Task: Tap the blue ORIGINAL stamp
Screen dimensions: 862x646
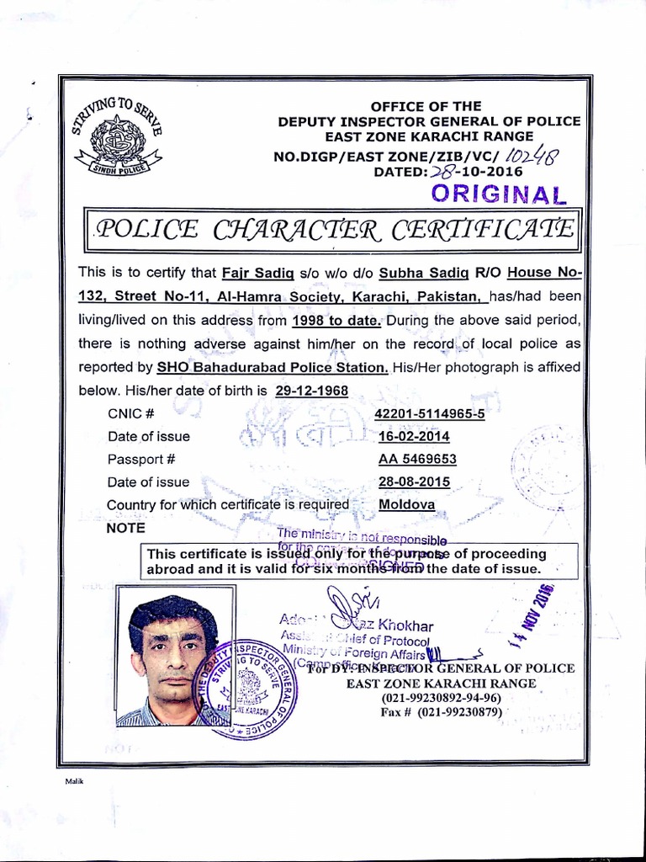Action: point(499,194)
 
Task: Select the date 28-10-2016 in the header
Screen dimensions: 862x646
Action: point(476,172)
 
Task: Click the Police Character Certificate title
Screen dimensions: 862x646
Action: point(334,229)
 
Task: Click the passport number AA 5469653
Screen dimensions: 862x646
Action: point(417,459)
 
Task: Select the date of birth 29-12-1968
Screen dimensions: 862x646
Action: point(310,391)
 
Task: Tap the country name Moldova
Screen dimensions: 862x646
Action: point(407,504)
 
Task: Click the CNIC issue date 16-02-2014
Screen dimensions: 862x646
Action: point(414,436)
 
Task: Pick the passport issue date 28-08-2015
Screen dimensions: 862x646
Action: point(414,482)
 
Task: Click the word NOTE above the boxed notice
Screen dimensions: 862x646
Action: point(126,528)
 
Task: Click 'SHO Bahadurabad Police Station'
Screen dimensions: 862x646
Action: point(273,367)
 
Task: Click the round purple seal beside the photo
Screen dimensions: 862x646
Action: point(244,688)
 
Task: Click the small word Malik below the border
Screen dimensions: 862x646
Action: point(76,781)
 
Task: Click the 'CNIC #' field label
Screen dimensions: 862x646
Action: point(131,413)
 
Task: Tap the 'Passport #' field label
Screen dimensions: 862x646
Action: point(141,459)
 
